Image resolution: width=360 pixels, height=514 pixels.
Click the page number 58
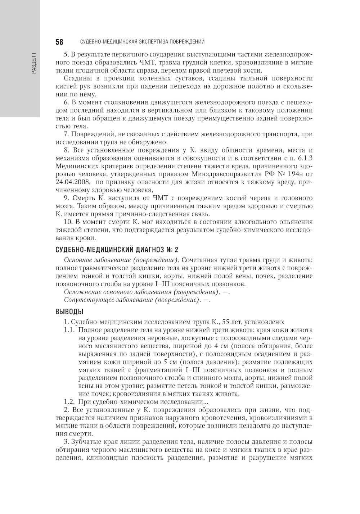(59, 42)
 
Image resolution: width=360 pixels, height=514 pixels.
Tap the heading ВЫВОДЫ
(69, 311)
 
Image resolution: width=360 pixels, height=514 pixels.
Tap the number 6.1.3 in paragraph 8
(305, 158)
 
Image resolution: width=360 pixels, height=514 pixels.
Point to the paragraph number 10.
(67, 222)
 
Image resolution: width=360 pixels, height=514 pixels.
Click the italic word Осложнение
(81, 292)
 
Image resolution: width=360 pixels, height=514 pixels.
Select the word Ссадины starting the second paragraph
(76, 78)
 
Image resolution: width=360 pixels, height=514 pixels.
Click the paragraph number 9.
(66, 198)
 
